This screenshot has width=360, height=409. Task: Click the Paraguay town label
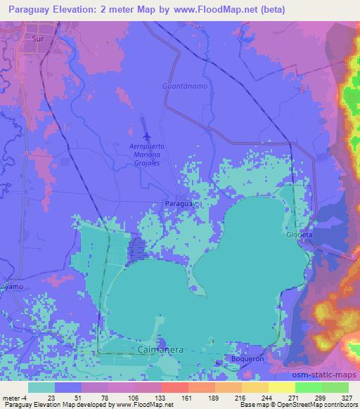click(x=177, y=202)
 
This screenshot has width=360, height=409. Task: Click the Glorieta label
click(x=298, y=234)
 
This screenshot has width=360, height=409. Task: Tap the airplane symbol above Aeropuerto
click(x=146, y=136)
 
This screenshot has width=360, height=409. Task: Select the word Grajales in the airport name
click(x=146, y=162)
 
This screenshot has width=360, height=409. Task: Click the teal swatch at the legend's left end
click(x=41, y=387)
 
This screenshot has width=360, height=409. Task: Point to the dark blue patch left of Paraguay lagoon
click(x=138, y=247)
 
